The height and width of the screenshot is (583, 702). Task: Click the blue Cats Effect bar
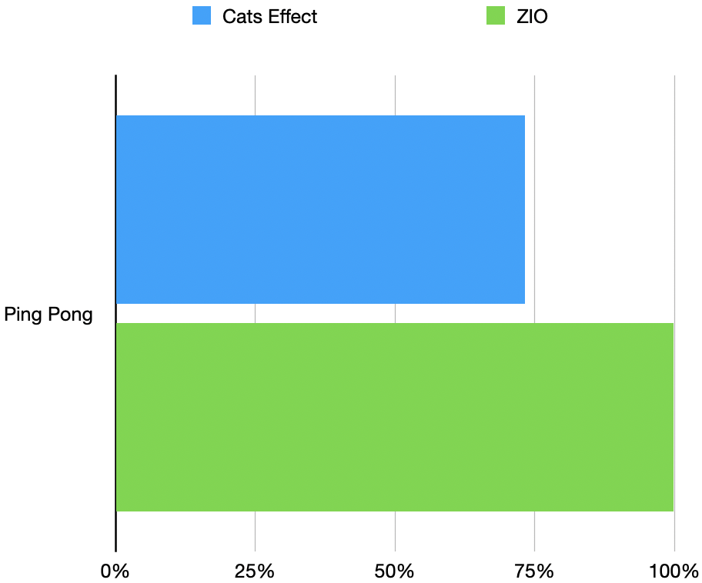coord(320,209)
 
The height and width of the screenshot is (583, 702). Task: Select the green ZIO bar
coord(394,417)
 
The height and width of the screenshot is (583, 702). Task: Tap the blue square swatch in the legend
coord(202,16)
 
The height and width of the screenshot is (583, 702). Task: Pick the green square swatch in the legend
coord(496,16)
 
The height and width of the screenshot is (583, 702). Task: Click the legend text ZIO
coord(532,16)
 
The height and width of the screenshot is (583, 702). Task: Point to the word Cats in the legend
coord(241,16)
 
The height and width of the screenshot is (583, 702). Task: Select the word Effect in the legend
coord(291,16)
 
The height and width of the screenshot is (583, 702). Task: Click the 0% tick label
coord(115,571)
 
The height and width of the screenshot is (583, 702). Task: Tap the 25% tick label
coord(255,571)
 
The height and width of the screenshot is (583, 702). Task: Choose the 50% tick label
coord(395,571)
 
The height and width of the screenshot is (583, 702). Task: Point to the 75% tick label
coord(534,571)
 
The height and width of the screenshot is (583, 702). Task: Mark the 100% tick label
coord(674,571)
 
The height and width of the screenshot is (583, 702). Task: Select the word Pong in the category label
coord(70,315)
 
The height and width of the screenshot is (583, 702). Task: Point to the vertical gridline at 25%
coord(255,92)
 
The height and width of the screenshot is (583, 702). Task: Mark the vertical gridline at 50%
coord(395,92)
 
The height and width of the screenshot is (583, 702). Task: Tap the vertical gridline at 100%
coord(674,92)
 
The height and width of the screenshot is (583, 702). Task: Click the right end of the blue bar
coord(523,209)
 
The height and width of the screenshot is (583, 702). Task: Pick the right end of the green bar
coord(671,417)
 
